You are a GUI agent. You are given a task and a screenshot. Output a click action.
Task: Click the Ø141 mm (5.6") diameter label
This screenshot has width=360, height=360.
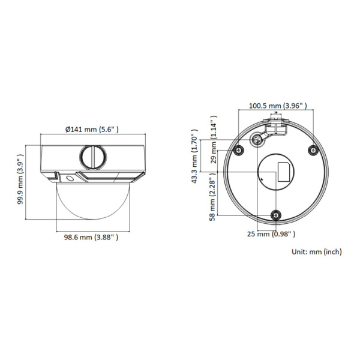click(92, 129)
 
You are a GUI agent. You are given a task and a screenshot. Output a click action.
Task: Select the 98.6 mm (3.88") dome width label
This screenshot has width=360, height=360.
click(91, 238)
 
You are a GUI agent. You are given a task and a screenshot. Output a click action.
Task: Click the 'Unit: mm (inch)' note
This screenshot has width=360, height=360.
click(316, 252)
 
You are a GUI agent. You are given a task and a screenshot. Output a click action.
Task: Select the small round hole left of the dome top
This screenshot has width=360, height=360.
click(70, 178)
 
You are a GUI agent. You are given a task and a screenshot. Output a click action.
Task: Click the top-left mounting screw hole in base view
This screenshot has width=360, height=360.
click(239, 150)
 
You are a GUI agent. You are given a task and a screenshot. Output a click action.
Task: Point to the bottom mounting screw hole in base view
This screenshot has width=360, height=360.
click(275, 216)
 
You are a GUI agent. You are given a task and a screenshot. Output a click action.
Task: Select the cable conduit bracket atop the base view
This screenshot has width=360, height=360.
click(277, 125)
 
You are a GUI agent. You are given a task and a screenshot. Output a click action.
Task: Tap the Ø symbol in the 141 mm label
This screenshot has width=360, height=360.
click(67, 129)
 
